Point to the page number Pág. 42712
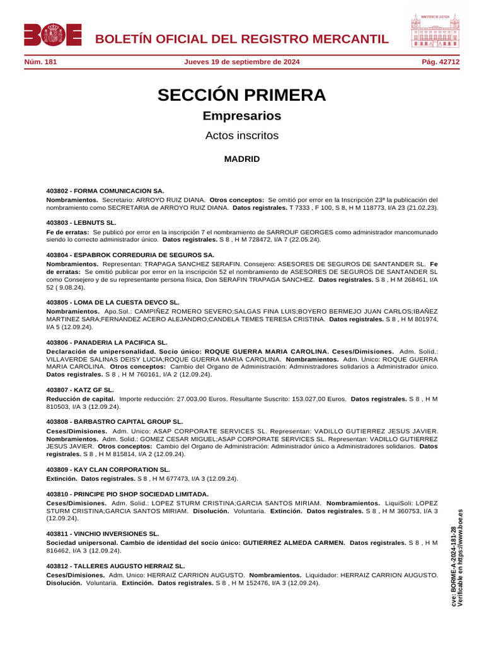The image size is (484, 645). [441, 62]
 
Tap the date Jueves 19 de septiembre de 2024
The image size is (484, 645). [242, 62]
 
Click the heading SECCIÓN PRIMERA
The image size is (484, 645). [242, 95]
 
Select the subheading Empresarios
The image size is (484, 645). [242, 116]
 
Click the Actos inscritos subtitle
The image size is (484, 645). [242, 135]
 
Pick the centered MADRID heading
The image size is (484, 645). [242, 159]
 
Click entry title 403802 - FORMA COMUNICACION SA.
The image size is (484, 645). [105, 190]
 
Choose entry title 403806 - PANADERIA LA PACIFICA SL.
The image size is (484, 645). [107, 342]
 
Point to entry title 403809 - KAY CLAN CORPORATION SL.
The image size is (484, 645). [108, 470]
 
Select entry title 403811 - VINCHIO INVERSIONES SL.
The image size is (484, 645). [103, 534]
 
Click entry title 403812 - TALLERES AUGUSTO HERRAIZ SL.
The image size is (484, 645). [116, 566]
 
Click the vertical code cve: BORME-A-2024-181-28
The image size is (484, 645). [452, 568]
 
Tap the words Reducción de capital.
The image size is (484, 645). [81, 399]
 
